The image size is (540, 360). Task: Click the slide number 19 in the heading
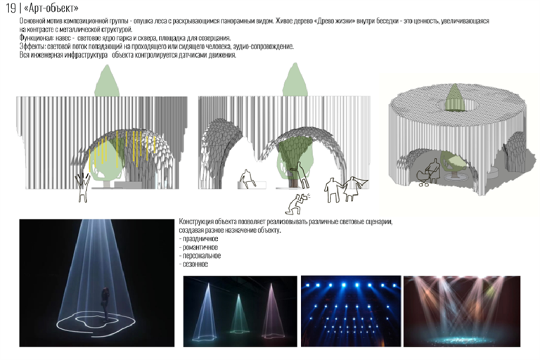(11, 8)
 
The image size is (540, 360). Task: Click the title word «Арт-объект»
(51, 8)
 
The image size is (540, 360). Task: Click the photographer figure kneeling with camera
(297, 203)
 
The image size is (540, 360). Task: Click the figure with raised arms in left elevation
(83, 188)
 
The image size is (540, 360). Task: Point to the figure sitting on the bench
(247, 179)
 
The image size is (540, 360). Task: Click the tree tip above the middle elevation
(295, 65)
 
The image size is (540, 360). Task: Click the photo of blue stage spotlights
(351, 311)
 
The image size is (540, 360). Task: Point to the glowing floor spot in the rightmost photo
(461, 339)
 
